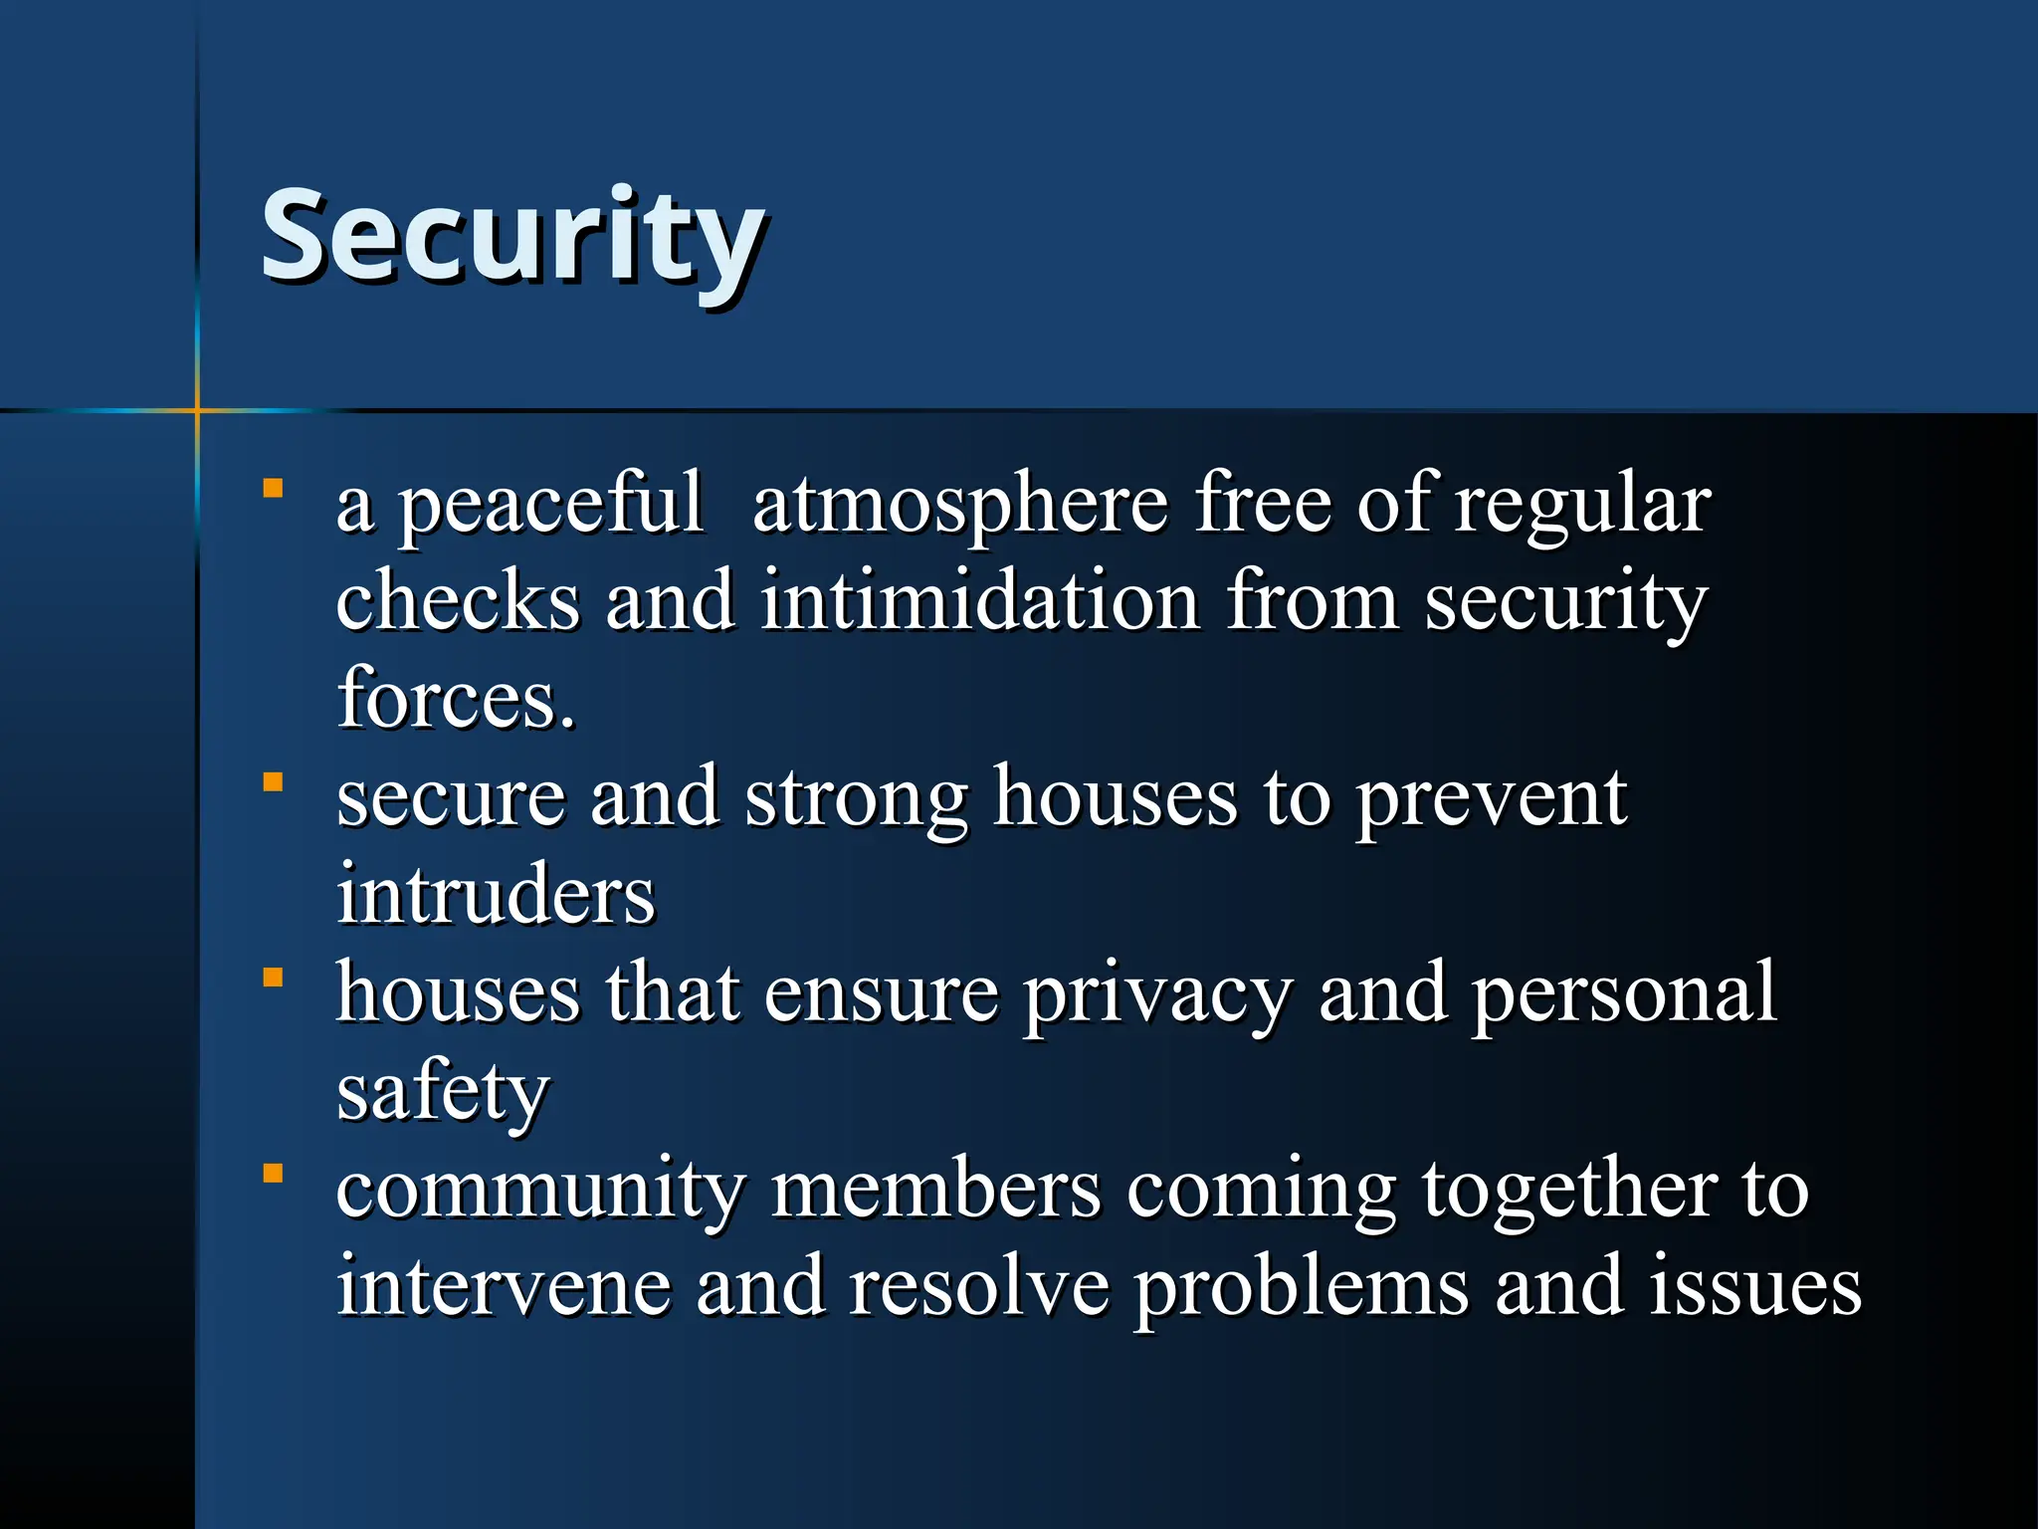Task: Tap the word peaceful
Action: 550,506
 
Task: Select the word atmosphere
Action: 959,506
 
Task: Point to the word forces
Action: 456,699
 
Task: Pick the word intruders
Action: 496,894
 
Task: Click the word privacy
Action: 1158,995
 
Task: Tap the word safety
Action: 443,1093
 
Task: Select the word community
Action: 540,1191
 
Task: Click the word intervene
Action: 503,1286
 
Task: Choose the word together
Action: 1567,1191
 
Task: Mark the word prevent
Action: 1492,800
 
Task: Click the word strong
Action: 856,800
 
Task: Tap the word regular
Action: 1582,506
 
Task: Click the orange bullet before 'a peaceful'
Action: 273,489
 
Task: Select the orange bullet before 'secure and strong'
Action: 273,782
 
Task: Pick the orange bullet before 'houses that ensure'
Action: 273,978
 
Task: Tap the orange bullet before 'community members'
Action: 273,1174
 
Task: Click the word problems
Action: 1301,1286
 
